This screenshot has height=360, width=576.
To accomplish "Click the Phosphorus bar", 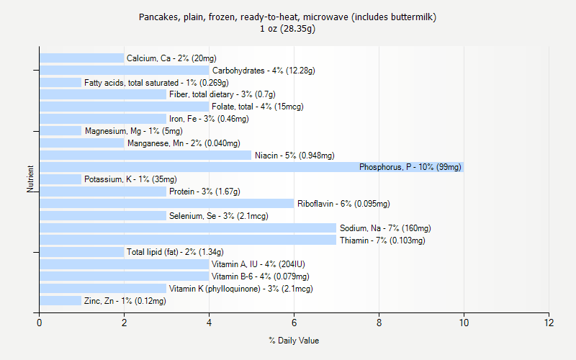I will [251, 167].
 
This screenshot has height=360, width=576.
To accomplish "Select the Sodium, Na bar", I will [188, 228].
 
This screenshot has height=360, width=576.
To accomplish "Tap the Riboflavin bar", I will [166, 203].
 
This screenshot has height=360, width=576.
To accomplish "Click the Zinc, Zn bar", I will [60, 301].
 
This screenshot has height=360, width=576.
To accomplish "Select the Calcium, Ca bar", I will [81, 58].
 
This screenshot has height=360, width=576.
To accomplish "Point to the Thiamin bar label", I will [382, 240].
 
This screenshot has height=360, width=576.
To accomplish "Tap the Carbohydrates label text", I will [264, 71].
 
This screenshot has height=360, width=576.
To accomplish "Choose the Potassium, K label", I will [130, 179].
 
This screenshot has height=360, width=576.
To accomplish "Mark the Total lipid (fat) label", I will [175, 252].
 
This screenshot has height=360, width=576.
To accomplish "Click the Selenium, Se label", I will [218, 216].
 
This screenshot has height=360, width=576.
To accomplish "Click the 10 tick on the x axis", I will [464, 323].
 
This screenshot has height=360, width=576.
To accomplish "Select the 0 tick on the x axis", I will [40, 323].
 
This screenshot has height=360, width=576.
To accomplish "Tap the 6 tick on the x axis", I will [294, 323].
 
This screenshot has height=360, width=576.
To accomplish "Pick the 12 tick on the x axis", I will [549, 323].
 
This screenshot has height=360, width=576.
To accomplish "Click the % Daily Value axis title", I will [294, 341].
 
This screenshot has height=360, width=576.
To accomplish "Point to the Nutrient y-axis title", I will [30, 179].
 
